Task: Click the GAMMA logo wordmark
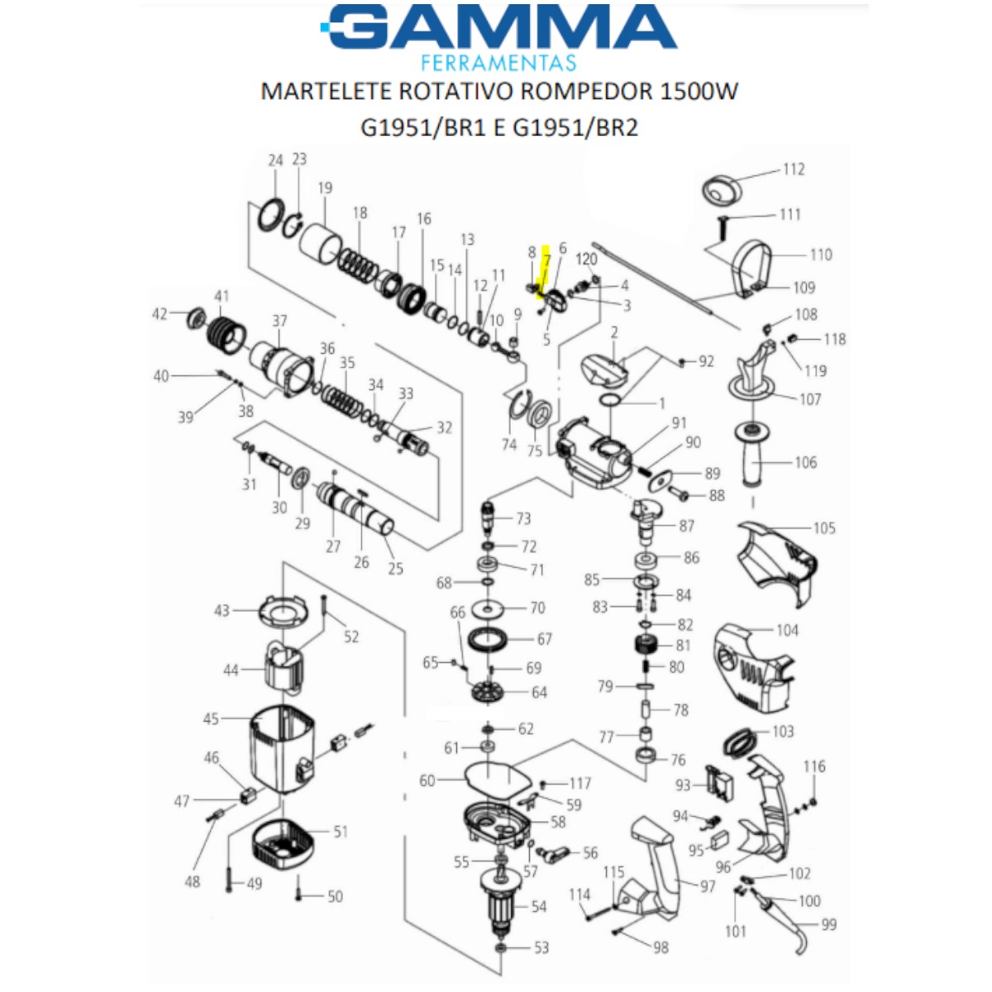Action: (498, 27)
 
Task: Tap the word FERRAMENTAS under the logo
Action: (498, 63)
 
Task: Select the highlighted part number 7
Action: (546, 260)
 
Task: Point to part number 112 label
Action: (794, 169)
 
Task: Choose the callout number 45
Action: (211, 718)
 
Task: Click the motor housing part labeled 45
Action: (283, 749)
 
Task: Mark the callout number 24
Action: (275, 160)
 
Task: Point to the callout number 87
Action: (686, 526)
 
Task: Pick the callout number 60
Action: (427, 781)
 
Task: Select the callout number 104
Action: (787, 631)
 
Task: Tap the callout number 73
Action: (523, 517)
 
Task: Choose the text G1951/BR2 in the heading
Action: (575, 127)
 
